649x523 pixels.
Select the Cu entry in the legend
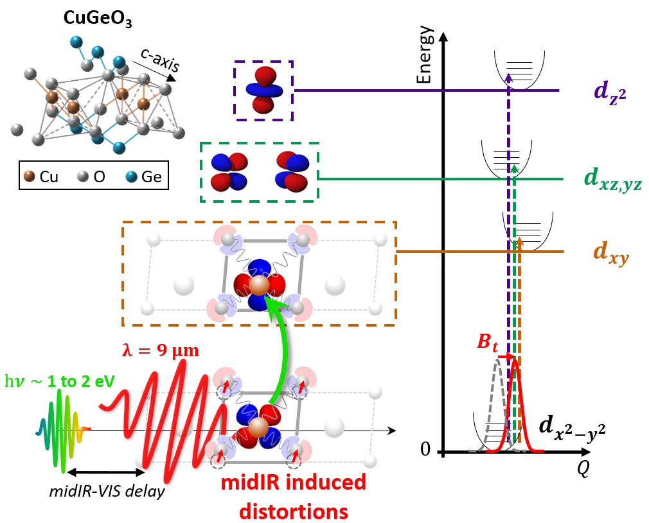tap(40, 176)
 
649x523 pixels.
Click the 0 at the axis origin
tap(425, 450)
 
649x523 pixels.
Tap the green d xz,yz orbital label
tap(610, 181)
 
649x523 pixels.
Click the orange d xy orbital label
tap(609, 255)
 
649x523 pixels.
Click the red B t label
tap(488, 341)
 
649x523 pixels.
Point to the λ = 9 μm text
tap(161, 351)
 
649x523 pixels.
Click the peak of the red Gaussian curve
tap(514, 361)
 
